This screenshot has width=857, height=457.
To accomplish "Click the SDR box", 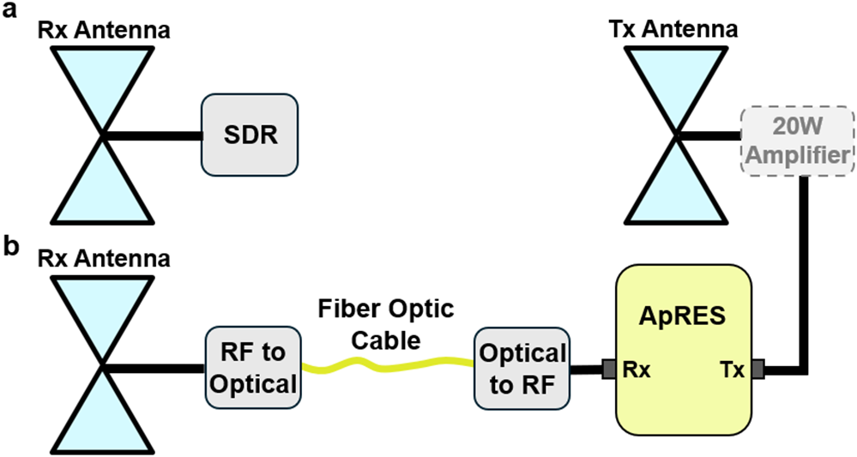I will [249, 135].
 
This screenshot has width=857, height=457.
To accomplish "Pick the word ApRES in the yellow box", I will [685, 315].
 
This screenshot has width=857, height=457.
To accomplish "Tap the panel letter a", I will [12, 11].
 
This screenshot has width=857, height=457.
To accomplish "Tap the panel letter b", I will [13, 245].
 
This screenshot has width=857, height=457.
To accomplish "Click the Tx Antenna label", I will [674, 29].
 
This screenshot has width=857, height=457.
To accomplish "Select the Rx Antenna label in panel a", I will [103, 29].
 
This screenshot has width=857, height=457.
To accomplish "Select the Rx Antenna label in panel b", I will [103, 256].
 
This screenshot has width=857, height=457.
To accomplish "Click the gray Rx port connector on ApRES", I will [609, 370].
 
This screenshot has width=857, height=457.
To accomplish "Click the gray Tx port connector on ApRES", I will [758, 370].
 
